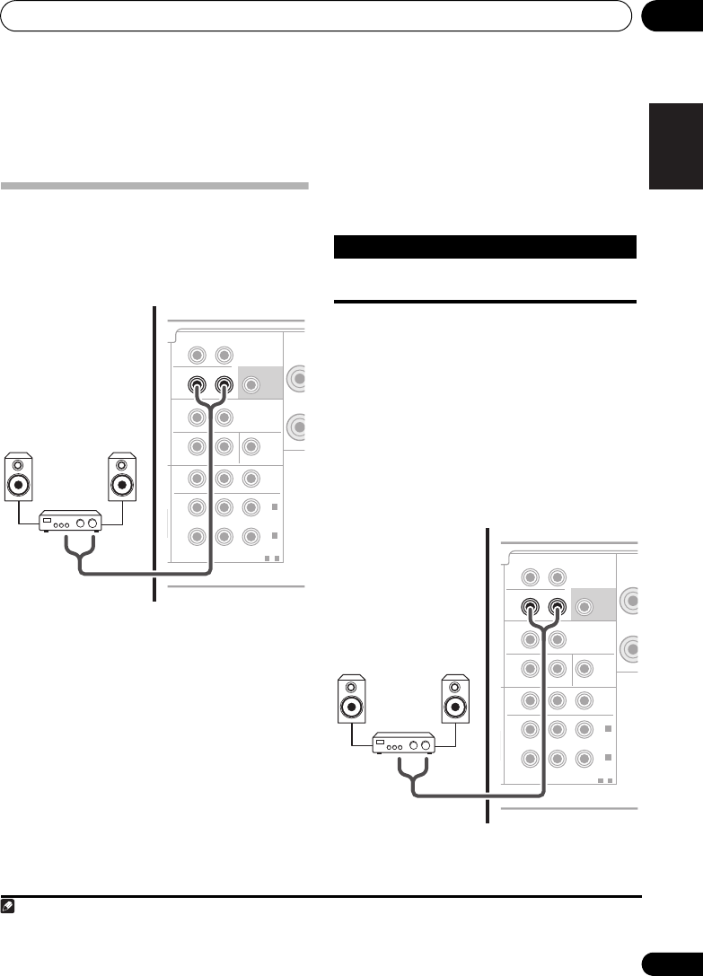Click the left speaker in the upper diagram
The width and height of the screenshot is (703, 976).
[x=20, y=477]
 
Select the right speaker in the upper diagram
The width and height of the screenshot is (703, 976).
[x=122, y=477]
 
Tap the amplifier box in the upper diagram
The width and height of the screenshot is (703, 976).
[x=71, y=521]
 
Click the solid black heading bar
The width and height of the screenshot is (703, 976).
[x=485, y=246]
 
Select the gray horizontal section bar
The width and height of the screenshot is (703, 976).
[x=154, y=187]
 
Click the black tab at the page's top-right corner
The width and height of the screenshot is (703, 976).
[x=672, y=16]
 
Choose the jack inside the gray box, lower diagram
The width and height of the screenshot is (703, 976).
[x=585, y=606]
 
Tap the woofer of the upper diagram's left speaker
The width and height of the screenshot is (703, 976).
[x=20, y=485]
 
